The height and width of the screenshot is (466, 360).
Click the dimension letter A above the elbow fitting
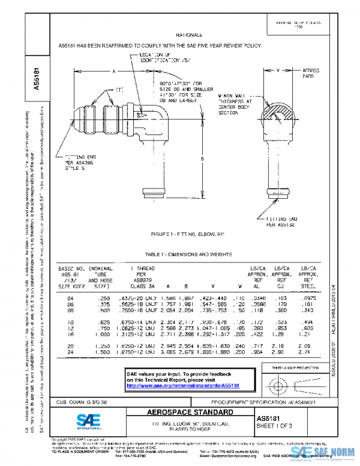[115, 71]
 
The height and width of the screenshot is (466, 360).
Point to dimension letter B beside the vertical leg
[202, 159]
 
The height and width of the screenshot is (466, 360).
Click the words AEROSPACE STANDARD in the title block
[191, 413]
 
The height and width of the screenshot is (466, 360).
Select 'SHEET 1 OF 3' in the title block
[275, 426]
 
